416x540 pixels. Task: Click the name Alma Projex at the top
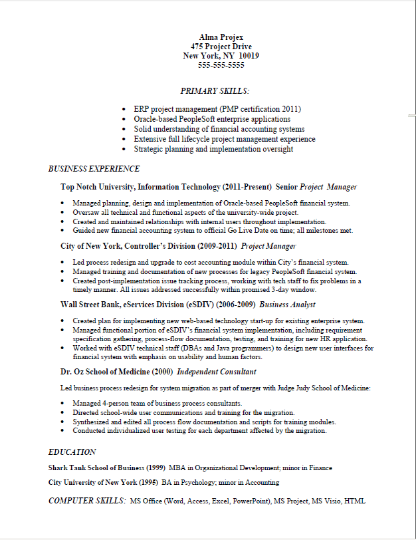click(221, 37)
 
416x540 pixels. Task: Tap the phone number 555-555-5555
click(221, 65)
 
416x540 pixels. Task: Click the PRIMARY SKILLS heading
click(215, 90)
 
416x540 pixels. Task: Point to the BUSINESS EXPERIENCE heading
click(94, 169)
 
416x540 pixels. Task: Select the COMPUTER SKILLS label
click(86, 500)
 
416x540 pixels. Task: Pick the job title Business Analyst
click(288, 305)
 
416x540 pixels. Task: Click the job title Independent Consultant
click(217, 372)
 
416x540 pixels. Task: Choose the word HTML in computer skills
click(355, 501)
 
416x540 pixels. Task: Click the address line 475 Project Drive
click(221, 47)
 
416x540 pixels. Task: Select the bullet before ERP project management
click(125, 108)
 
